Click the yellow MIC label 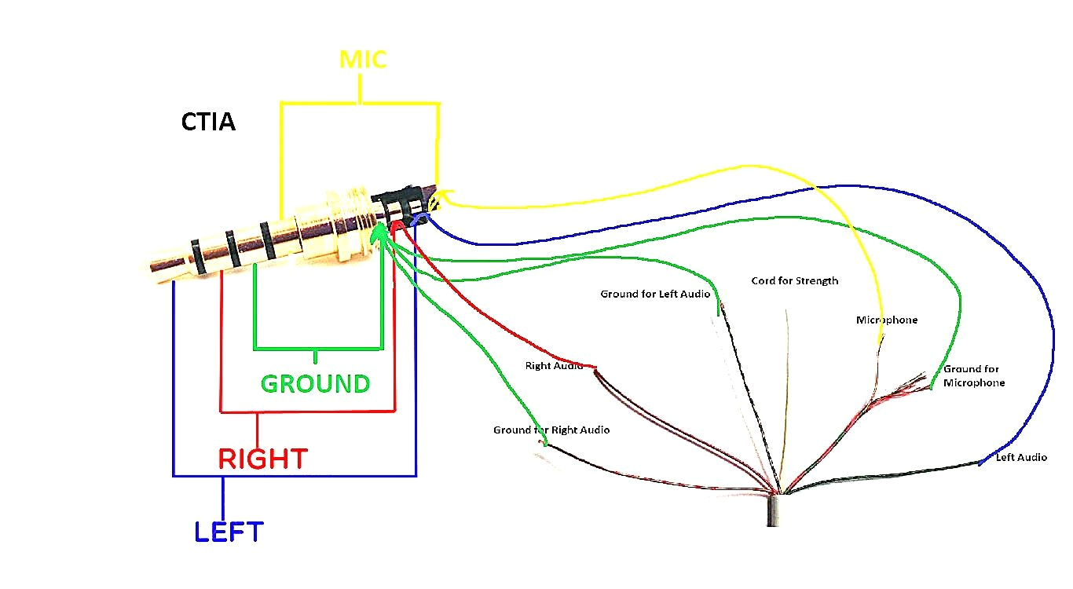(363, 60)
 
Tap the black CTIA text (208, 123)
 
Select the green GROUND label (315, 384)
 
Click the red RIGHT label (262, 459)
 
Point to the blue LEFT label (229, 532)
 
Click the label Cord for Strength (794, 280)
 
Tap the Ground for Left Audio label (655, 294)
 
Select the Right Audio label (554, 366)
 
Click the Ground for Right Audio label (551, 430)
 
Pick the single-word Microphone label (887, 320)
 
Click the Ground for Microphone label (974, 375)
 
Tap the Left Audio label (1021, 457)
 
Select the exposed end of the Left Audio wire (980, 463)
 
